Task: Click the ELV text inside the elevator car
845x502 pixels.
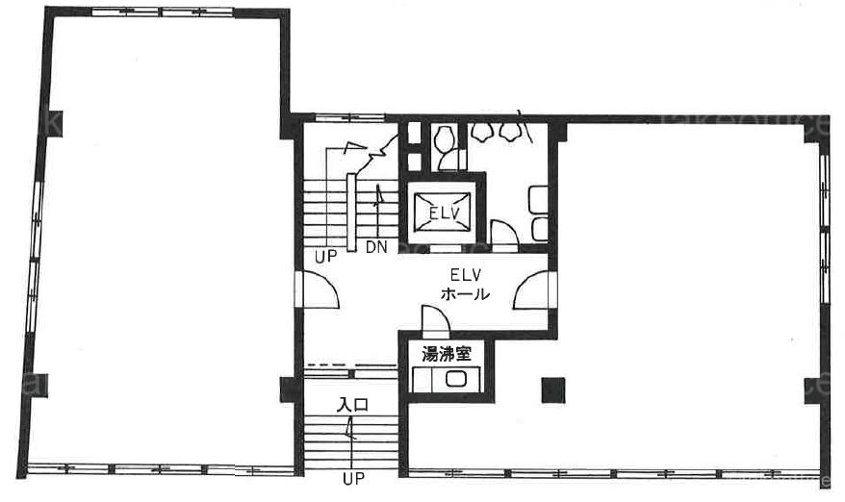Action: click(445, 213)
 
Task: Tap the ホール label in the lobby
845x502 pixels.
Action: click(465, 294)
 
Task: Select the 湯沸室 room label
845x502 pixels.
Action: click(447, 354)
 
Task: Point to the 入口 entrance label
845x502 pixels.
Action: click(352, 405)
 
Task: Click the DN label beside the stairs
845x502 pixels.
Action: click(376, 247)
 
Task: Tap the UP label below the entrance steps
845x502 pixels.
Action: click(353, 478)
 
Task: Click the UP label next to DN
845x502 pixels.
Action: click(325, 257)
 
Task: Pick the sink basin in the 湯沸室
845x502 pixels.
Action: click(456, 379)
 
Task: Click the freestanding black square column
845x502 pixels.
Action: click(553, 390)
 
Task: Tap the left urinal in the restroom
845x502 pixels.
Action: click(481, 132)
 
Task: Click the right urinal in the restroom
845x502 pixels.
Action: click(509, 132)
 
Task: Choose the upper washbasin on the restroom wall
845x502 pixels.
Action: click(539, 199)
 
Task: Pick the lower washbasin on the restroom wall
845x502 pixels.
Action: click(540, 229)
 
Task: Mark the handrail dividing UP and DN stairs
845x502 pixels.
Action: click(351, 213)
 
